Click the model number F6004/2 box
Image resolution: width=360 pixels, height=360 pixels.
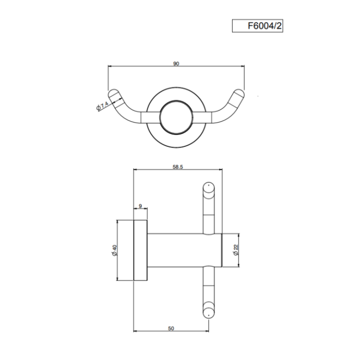[x=257, y=26]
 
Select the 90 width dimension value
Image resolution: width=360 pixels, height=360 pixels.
[x=176, y=63]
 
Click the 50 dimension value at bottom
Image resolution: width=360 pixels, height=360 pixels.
[x=170, y=328]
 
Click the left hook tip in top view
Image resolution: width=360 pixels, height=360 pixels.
[x=114, y=94]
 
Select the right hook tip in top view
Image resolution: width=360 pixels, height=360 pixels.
[x=238, y=94]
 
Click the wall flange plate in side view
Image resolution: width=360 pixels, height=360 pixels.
[x=140, y=250]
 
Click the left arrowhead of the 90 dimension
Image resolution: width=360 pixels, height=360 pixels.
[x=110, y=66]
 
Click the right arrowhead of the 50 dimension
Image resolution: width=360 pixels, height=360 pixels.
[x=206, y=331]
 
